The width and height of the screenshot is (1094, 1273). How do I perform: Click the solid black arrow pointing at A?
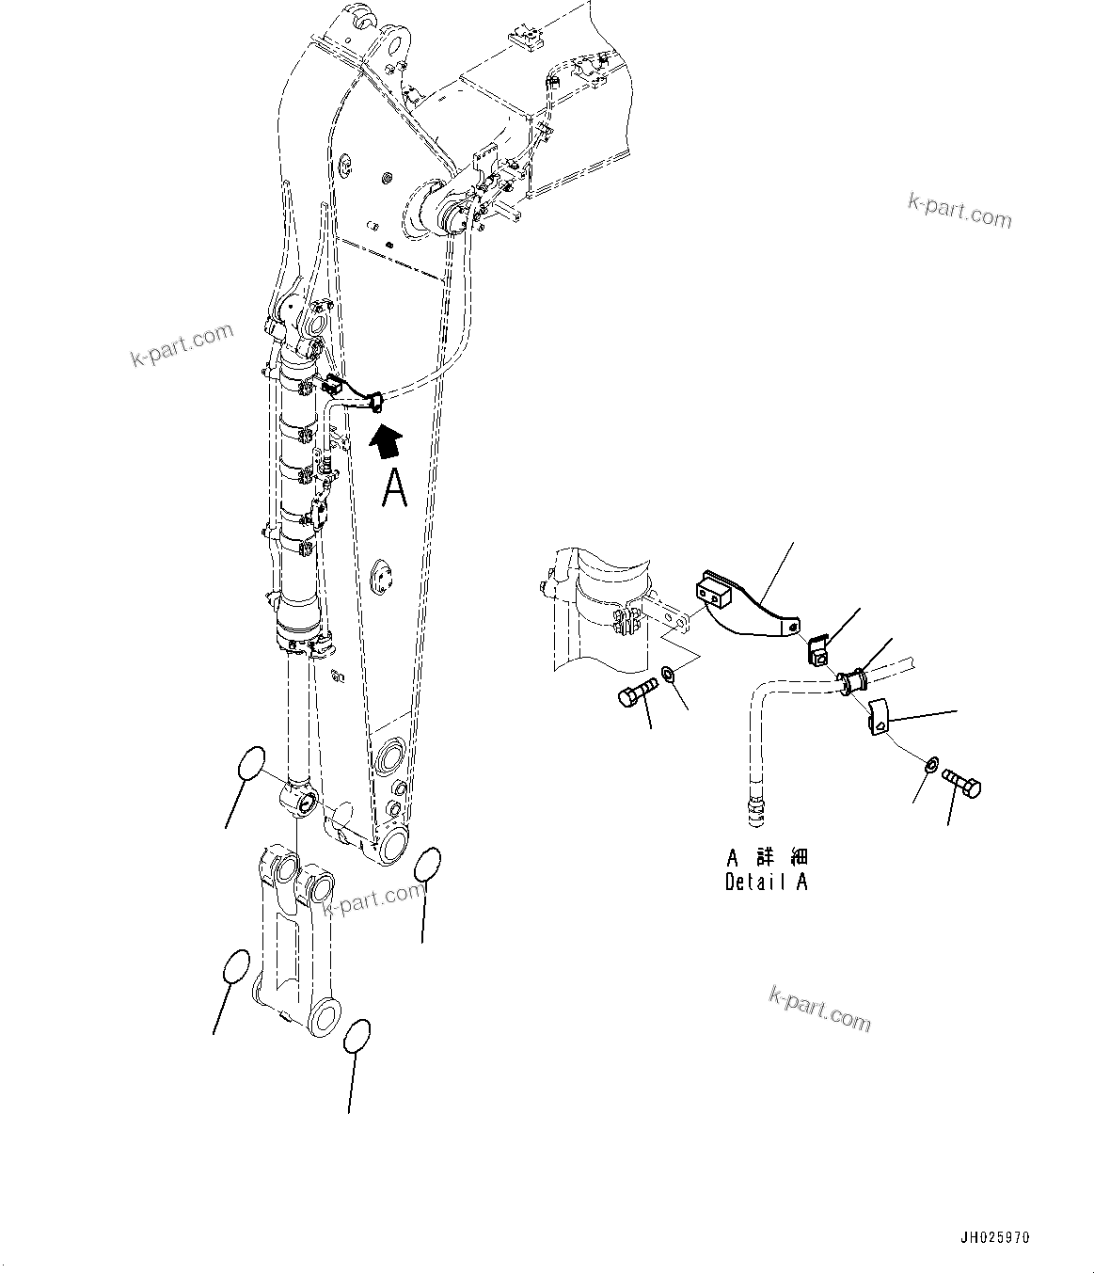point(387,439)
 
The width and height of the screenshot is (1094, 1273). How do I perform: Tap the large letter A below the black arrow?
point(395,488)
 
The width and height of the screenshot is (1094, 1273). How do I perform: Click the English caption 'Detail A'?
point(766,883)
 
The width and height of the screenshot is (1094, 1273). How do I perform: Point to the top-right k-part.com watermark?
point(959,211)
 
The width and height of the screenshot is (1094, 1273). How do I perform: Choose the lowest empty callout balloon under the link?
point(357,1036)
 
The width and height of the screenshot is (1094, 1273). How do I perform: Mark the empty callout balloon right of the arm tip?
point(428,864)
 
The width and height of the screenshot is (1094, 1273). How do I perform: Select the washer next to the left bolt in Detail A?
point(668,674)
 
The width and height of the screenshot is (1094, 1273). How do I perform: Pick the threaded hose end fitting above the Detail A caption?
point(755,810)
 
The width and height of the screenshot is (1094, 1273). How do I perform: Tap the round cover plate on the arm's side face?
point(384,578)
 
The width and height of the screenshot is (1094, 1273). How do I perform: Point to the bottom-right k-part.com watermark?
point(819,1008)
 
